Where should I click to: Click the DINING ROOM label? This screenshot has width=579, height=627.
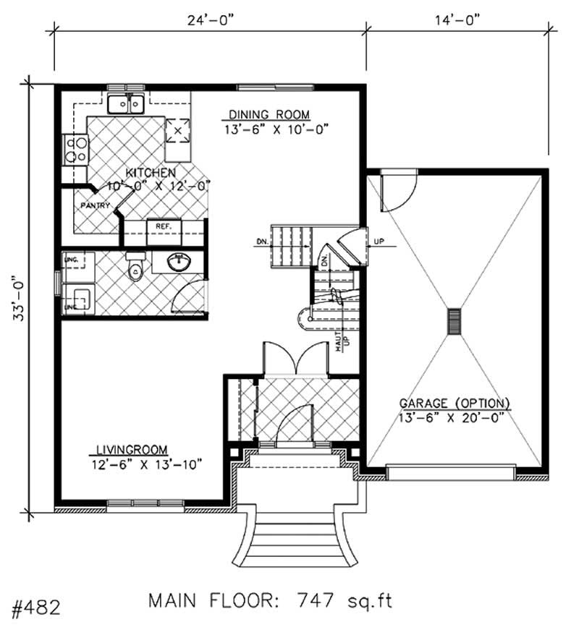tap(269, 115)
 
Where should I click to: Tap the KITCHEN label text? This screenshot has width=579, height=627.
tap(151, 173)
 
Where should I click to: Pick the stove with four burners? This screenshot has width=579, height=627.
tap(75, 150)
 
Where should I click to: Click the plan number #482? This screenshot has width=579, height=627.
tap(32, 605)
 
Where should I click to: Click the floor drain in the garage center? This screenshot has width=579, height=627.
tap(454, 321)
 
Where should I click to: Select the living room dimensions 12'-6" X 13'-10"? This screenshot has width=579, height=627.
tap(146, 464)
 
